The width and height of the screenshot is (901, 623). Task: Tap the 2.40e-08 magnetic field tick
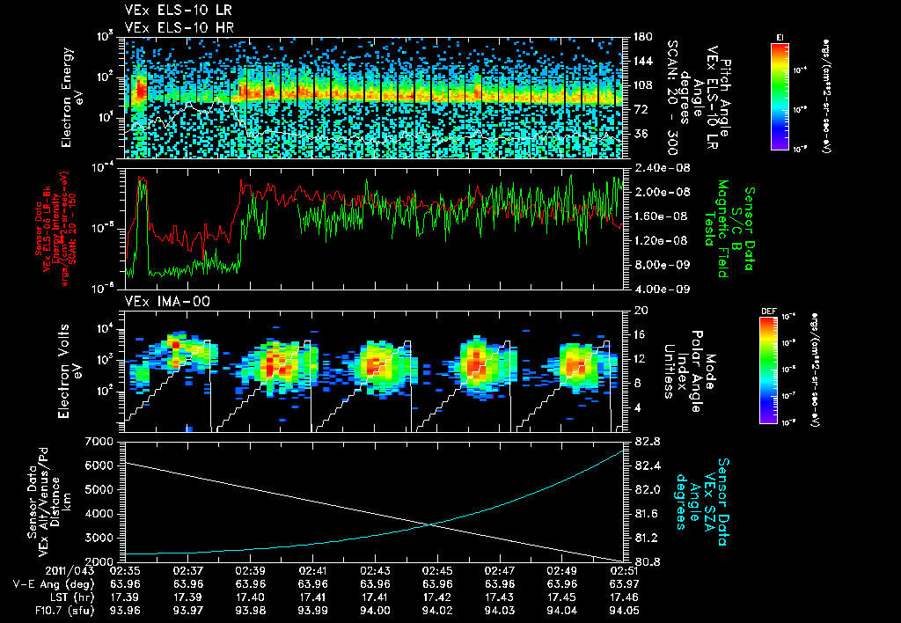652,167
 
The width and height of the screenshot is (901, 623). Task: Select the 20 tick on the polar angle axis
638,311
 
